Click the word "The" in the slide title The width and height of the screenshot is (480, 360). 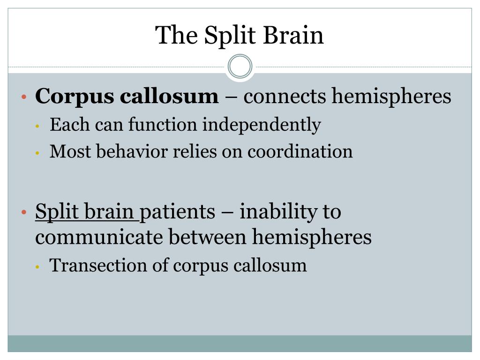click(172, 35)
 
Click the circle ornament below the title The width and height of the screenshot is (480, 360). click(240, 66)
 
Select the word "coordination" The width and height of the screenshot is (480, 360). click(300, 151)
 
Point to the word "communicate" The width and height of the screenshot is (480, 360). click(99, 237)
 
